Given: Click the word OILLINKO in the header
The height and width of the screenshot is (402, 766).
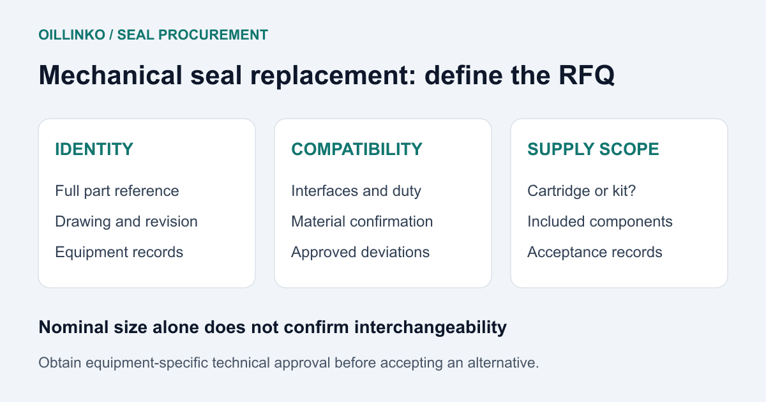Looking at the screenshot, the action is pyautogui.click(x=71, y=35).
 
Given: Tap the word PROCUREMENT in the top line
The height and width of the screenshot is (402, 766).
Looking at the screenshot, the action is pyautogui.click(x=213, y=35).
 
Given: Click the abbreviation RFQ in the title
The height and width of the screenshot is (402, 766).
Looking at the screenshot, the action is pyautogui.click(x=587, y=75).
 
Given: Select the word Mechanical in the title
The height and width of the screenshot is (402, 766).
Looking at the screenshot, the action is pyautogui.click(x=110, y=75).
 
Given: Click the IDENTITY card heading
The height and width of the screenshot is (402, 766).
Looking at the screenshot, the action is pyautogui.click(x=94, y=149).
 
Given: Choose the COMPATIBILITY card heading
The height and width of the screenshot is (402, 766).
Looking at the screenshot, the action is pyautogui.click(x=357, y=149).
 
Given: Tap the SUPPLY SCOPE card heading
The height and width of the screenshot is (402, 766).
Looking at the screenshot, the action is pyautogui.click(x=593, y=149).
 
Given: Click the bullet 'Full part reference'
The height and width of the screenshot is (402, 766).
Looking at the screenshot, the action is pyautogui.click(x=117, y=191).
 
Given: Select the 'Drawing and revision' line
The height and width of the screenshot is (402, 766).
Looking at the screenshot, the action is pyautogui.click(x=126, y=221).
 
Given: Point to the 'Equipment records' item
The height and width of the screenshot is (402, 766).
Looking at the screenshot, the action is pyautogui.click(x=119, y=252).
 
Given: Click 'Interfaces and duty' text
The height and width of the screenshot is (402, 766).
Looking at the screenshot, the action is pyautogui.click(x=356, y=191).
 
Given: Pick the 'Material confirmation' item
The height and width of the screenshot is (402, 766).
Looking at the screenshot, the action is pyautogui.click(x=362, y=221).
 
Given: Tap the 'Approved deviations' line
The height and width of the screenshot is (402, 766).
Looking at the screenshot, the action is pyautogui.click(x=360, y=252).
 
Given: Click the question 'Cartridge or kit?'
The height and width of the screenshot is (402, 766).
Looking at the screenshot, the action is pyautogui.click(x=582, y=191).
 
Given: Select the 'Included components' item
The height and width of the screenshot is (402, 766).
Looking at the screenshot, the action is pyautogui.click(x=600, y=221).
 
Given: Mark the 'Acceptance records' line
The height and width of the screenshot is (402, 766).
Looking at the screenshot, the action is pyautogui.click(x=595, y=252).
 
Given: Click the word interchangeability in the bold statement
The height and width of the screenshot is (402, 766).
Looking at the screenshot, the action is pyautogui.click(x=430, y=327).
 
